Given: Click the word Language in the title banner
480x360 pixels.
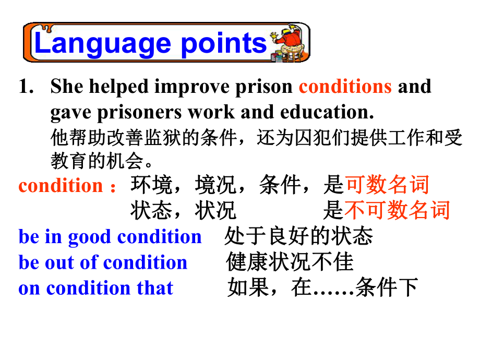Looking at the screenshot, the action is (x=103, y=44).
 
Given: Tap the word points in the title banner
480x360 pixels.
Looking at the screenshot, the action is (x=224, y=44).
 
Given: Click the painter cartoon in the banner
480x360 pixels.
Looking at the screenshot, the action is (x=288, y=43).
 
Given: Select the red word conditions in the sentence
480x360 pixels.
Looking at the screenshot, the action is (x=345, y=86).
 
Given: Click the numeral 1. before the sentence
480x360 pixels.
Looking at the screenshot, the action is (x=26, y=86).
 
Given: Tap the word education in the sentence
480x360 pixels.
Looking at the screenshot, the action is (x=327, y=112).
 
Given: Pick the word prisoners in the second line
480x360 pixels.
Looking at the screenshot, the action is (x=139, y=113).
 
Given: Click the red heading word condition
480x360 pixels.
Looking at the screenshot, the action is (x=61, y=186).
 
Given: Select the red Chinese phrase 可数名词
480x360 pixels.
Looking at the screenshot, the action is (x=388, y=185).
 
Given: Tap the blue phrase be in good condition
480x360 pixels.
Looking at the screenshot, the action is (x=110, y=237).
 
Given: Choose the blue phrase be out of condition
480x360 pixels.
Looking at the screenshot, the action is (x=103, y=262).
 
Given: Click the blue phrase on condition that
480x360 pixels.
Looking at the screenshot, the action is (x=96, y=288).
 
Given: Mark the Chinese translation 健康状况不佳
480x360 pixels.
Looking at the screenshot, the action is (x=290, y=262).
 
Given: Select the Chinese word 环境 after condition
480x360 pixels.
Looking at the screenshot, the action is (x=151, y=185).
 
